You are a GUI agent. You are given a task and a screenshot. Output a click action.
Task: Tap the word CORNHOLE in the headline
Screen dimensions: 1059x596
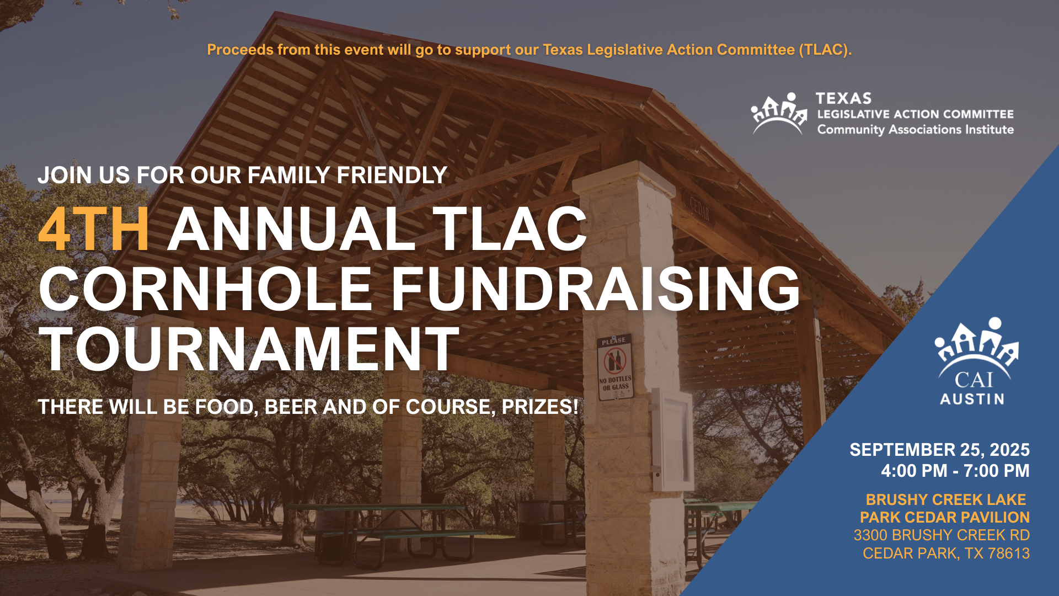coord(206,289)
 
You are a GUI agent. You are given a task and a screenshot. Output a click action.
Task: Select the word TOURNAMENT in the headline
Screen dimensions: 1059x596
coord(249,349)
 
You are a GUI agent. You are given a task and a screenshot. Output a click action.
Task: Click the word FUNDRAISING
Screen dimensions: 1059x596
coord(596,289)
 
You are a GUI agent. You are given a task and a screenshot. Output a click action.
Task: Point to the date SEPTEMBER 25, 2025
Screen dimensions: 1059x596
coord(939,450)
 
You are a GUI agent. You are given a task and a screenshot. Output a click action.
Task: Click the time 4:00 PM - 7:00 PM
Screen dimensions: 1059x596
coord(955,471)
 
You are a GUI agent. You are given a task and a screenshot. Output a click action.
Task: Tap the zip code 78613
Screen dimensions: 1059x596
coord(1009,553)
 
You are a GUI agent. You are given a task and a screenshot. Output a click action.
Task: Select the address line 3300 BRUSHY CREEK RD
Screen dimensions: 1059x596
coord(942,535)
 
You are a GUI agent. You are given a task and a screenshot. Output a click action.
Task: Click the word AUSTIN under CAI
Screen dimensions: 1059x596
coord(972,399)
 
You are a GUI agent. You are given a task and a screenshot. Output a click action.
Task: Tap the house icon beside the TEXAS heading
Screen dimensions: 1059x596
coord(779,113)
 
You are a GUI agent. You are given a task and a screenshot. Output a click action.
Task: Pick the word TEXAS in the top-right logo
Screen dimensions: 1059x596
coord(843,98)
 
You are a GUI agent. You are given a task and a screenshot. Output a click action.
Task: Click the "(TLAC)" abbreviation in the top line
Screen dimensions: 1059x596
coord(825,50)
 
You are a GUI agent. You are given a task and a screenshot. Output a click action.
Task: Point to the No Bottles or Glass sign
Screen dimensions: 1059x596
coord(615,367)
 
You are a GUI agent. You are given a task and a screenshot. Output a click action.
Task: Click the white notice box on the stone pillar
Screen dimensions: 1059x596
coord(672,440)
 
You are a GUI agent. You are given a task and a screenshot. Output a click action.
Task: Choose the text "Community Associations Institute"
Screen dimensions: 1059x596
coord(916,130)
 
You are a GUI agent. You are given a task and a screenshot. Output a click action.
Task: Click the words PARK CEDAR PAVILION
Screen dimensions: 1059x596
coord(945,517)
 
